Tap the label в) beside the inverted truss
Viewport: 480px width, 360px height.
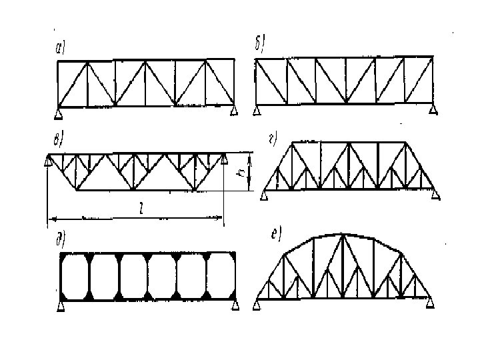pos(58,141)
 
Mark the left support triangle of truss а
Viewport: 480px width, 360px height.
pos(59,111)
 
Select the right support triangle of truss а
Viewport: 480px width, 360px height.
pos(233,111)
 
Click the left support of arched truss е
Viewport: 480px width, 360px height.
pos(257,305)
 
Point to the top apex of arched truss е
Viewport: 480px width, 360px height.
pos(341,235)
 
